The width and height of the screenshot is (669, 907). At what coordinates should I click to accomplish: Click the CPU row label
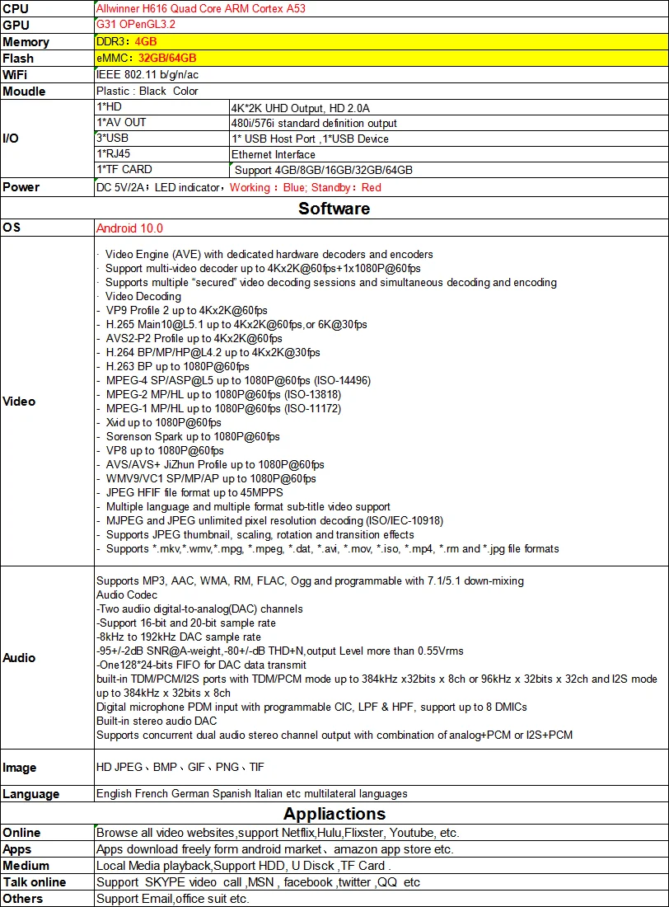pos(16,8)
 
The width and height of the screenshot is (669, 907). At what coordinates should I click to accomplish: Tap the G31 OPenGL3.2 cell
pos(136,25)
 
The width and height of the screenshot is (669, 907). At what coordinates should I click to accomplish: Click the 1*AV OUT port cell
pos(122,123)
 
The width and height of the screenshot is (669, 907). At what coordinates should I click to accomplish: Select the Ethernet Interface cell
pos(274,154)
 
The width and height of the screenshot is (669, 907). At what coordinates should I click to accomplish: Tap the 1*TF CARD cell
pos(124,170)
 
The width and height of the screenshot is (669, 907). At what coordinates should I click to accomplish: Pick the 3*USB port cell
pos(113,139)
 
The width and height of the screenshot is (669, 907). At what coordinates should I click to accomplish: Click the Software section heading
pos(334,208)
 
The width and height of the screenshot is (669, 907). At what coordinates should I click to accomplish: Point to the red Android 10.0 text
pos(129,228)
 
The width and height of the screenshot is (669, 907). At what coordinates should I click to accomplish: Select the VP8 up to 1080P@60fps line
pos(165,450)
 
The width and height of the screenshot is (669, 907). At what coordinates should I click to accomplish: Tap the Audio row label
pos(19,657)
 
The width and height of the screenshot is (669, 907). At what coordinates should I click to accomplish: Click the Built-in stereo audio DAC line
pos(157,721)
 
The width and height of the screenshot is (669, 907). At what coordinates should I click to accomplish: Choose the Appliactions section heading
pos(334,814)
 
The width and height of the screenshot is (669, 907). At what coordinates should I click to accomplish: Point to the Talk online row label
pos(34,882)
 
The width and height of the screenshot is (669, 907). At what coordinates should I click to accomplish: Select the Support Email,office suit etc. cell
pos(172,899)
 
